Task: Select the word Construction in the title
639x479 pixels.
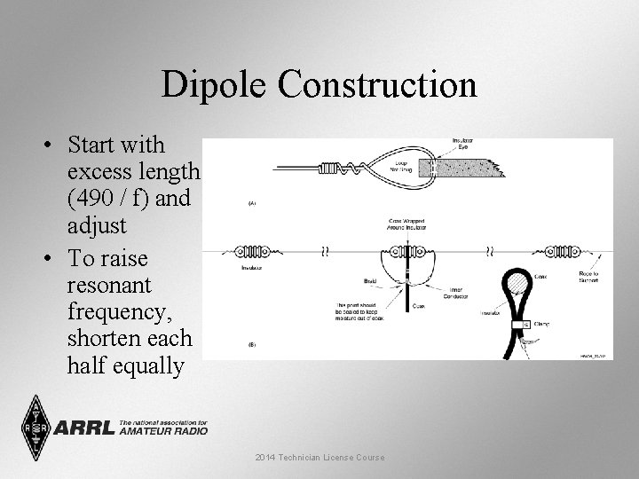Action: point(377,85)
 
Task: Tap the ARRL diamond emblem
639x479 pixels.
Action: point(35,427)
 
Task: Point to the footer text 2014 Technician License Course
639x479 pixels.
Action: point(319,457)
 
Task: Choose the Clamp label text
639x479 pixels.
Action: point(541,325)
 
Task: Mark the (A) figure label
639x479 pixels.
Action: point(252,203)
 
